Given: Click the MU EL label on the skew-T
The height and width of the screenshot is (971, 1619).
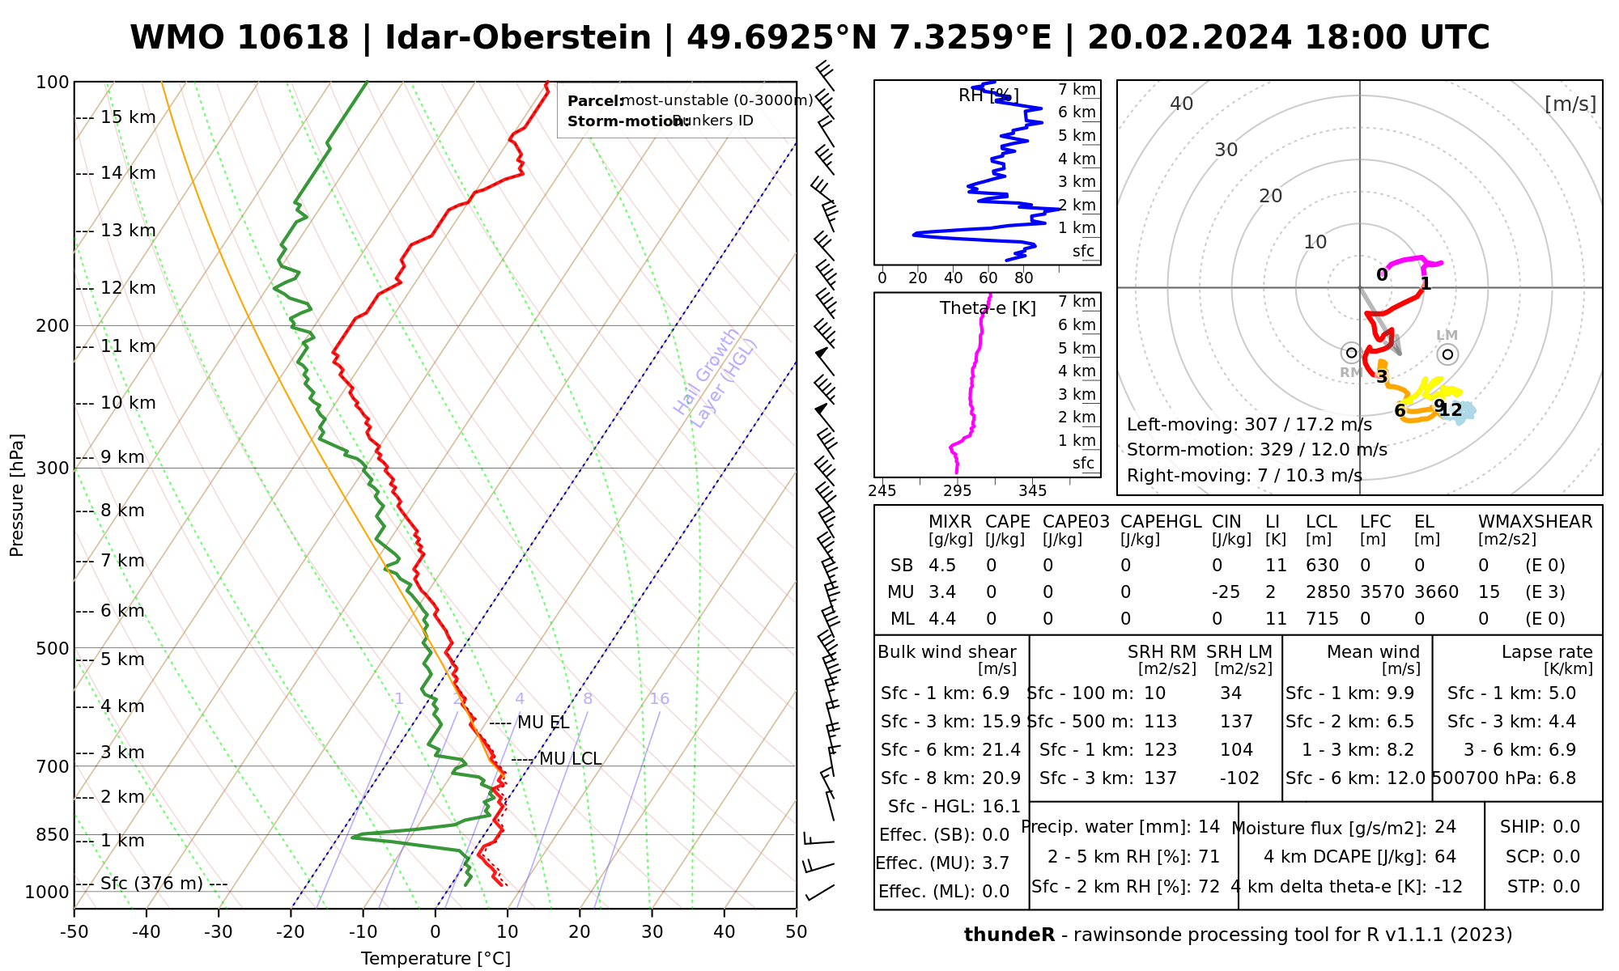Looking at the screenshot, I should [x=543, y=723].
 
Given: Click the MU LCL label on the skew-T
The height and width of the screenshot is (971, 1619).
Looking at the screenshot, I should [x=570, y=759].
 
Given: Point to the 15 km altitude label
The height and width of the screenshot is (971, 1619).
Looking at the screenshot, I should [x=128, y=117].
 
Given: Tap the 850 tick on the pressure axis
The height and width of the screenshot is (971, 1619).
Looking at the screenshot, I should [x=53, y=834].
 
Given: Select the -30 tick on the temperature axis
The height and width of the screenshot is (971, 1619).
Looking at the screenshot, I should [x=219, y=932].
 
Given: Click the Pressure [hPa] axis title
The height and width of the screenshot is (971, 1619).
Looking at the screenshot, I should [x=17, y=495].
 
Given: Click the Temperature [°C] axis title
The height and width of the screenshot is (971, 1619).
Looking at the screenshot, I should [x=436, y=959].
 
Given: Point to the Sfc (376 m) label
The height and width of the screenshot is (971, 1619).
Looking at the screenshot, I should [x=151, y=883].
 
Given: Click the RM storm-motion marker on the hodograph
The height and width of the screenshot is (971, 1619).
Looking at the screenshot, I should [x=1350, y=353].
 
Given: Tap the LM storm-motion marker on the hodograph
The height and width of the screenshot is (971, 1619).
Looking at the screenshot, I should [x=1447, y=354].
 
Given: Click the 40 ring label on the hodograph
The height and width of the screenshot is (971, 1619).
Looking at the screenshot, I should [x=1182, y=104].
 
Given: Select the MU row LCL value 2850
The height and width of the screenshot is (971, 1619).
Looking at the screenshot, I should [x=1328, y=592].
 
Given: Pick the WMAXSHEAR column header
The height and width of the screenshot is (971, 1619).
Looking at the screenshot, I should [x=1535, y=522].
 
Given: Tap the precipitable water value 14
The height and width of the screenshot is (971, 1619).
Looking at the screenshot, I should [x=1209, y=827].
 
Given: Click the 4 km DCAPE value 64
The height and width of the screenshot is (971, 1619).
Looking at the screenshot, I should [x=1445, y=857].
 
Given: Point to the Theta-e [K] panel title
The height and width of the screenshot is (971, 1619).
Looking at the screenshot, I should [x=988, y=308].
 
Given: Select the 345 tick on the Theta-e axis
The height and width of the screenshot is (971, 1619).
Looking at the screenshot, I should [x=1032, y=490].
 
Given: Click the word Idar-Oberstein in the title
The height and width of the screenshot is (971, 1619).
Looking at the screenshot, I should [x=518, y=38].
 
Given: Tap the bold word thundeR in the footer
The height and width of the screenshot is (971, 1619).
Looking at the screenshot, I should [x=1009, y=935].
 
